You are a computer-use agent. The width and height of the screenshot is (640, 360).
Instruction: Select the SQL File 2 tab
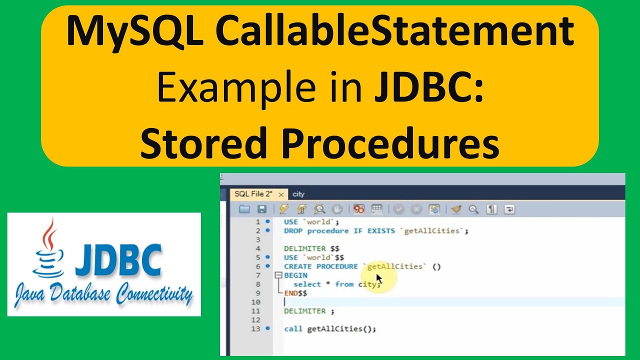point(253,194)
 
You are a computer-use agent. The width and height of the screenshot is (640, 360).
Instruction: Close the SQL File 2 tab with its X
point(281,194)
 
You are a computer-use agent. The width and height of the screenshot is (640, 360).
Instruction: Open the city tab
point(298,194)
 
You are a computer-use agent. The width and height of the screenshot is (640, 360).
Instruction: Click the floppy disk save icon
point(261,209)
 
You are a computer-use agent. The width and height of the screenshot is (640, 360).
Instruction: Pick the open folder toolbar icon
point(244,209)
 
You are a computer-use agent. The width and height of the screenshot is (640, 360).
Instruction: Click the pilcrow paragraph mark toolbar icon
point(492,209)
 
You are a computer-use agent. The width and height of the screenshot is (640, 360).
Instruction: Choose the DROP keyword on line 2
point(293,231)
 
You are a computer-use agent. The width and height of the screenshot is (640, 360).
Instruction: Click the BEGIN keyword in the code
point(295,275)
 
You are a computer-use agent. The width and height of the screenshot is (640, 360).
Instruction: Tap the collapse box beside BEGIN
point(278,275)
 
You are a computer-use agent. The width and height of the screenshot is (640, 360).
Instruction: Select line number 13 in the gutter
point(255,328)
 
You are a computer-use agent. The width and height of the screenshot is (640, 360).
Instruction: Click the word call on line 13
point(293,328)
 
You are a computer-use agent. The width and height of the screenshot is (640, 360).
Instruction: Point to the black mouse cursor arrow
point(379,278)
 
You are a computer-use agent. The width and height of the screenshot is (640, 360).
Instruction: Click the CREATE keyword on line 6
point(298,266)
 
